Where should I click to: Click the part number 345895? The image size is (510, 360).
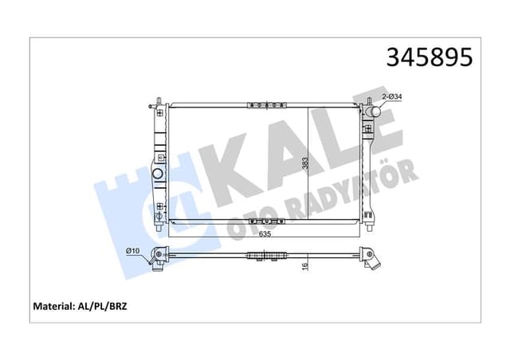pos(430,57)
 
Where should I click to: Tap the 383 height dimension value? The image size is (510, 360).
pos(304,164)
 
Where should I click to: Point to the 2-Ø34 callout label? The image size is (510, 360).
pos(391,96)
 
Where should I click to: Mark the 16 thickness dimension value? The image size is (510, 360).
pos(304,267)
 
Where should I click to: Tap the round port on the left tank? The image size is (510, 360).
pos(158,174)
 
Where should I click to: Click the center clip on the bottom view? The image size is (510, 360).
pos(265,256)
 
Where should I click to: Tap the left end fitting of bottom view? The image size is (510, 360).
pos(160,256)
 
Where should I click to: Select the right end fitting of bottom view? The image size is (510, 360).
pos(369,258)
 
